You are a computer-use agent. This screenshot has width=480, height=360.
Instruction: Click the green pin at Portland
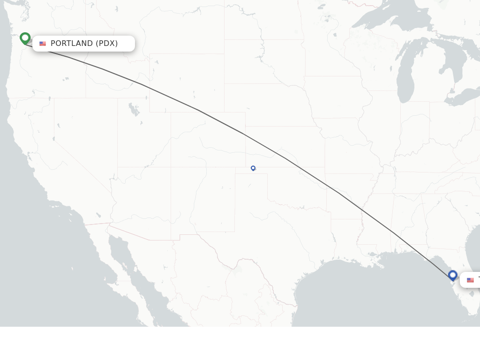(x=25, y=37)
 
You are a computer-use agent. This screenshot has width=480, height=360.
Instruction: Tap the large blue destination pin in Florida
(x=452, y=275)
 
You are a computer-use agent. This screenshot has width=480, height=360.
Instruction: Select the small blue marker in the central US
(x=253, y=168)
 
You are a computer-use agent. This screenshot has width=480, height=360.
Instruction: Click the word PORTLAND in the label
(x=72, y=44)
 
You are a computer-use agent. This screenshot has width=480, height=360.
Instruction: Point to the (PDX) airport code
(x=107, y=44)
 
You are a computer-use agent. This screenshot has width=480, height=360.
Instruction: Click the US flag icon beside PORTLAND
(x=43, y=44)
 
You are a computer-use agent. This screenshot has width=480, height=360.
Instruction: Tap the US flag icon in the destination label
(x=470, y=280)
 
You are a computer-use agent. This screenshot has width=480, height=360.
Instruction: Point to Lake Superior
(x=389, y=19)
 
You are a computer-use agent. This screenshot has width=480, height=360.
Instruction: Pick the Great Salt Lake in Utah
(x=134, y=110)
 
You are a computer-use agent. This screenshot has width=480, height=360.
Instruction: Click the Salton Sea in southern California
(x=98, y=215)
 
